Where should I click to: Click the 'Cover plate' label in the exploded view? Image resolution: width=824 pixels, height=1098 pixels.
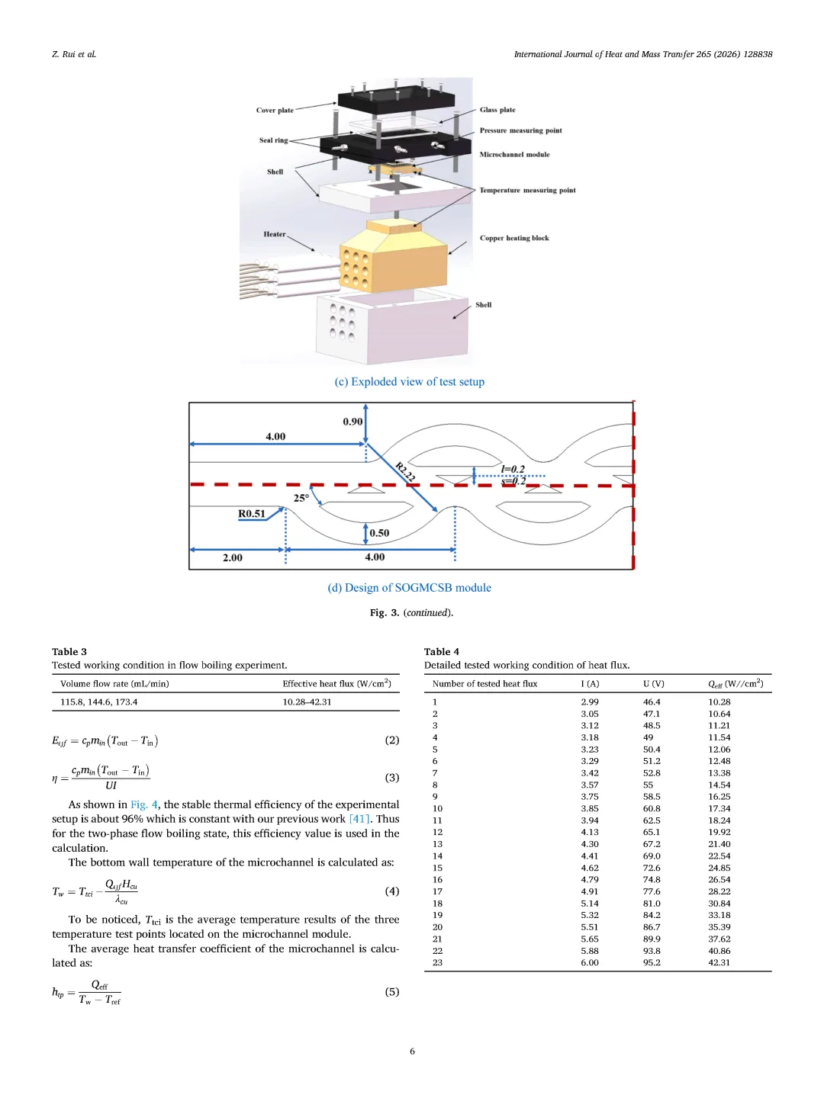(275, 110)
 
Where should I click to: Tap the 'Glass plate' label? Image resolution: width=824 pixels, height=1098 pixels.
(497, 110)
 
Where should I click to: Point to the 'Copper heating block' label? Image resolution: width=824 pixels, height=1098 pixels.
(514, 238)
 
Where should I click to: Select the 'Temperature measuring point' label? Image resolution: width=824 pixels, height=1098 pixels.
(527, 190)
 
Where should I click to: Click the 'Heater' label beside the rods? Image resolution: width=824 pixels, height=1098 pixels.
(274, 234)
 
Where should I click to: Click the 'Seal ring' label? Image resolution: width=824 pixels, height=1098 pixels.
(273, 140)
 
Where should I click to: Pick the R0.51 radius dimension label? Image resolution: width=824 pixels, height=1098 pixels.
(251, 514)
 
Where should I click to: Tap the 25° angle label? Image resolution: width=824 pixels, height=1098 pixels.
(301, 498)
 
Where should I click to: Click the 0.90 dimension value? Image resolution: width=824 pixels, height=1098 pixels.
(352, 422)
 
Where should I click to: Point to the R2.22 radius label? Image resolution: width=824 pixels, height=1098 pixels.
(405, 472)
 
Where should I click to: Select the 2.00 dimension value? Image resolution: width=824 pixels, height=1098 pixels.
(233, 557)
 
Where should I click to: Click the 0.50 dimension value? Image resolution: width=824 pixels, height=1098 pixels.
(379, 533)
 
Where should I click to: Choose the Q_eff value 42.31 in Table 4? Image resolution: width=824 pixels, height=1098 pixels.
(719, 962)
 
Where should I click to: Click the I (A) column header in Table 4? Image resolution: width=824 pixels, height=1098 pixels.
(590, 684)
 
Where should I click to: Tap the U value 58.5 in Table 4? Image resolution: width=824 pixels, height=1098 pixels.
(652, 796)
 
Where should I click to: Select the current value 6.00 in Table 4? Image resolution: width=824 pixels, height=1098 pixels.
(589, 962)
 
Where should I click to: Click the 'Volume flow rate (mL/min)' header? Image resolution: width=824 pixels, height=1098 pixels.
(114, 684)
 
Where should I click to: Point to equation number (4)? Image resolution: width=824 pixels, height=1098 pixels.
(391, 891)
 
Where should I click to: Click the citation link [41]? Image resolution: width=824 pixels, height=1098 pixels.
(359, 819)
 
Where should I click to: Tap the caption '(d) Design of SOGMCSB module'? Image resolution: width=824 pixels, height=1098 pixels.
(409, 588)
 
